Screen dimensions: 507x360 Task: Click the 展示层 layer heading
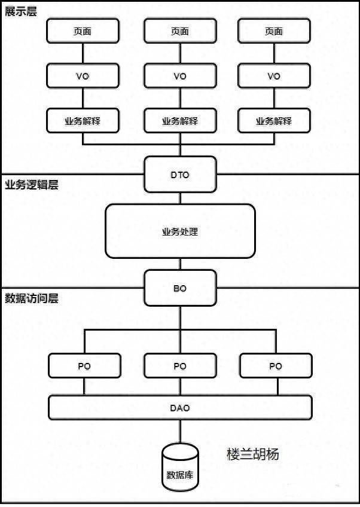pos(21,12)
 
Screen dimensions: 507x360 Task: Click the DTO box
pos(180,174)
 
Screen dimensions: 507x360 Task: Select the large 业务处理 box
pos(180,231)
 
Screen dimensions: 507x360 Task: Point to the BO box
pos(180,288)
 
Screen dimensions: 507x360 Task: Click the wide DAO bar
pos(180,408)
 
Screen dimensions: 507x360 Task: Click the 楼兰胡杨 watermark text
pos(252,454)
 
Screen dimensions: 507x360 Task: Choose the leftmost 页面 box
pos(83,31)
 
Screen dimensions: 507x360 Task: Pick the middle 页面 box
pos(180,31)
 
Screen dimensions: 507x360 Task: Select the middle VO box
pos(180,76)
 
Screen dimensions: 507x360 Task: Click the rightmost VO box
pos(274,76)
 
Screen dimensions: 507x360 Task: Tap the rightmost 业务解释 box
pos(274,121)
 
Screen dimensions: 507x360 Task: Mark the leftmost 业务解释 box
pos(83,121)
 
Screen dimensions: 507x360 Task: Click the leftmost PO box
pos(84,366)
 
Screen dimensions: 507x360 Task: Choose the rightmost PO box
pos(276,366)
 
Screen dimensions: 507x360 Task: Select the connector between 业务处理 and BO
pos(180,264)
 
